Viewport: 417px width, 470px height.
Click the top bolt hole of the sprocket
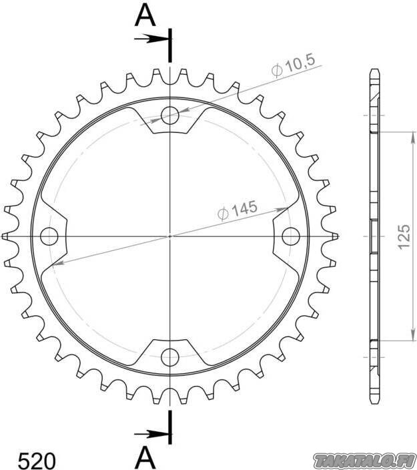coord(170,115)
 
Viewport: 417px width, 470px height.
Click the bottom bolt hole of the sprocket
coord(170,357)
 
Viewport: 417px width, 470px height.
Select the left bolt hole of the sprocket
coord(49,236)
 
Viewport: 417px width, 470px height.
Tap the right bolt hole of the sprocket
coord(291,236)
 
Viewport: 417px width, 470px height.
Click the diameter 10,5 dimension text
coord(294,66)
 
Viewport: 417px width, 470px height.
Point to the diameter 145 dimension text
coord(238,210)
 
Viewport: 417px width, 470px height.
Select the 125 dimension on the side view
coord(404,236)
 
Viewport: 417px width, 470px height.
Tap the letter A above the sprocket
coord(145,16)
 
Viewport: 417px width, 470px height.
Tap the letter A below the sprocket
coord(145,457)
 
